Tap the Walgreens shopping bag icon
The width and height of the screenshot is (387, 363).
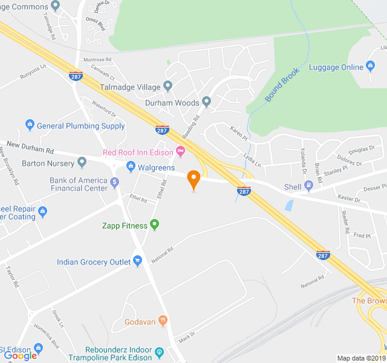130,167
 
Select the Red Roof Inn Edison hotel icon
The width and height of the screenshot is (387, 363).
180,151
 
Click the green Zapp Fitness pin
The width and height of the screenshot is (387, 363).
154,225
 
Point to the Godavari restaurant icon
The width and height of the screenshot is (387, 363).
162,321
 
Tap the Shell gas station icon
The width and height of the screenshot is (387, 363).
309,186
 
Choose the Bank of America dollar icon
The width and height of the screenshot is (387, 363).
115,181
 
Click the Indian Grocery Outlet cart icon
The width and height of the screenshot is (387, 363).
138,261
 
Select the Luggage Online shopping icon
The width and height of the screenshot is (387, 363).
371,67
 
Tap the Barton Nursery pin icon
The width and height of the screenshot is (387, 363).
82,163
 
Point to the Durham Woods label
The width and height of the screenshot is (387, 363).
172,102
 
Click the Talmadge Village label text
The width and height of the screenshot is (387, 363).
132,85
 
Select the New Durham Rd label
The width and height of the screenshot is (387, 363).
30,149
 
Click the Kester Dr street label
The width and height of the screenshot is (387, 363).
348,199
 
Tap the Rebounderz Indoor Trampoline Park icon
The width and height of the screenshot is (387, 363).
160,351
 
